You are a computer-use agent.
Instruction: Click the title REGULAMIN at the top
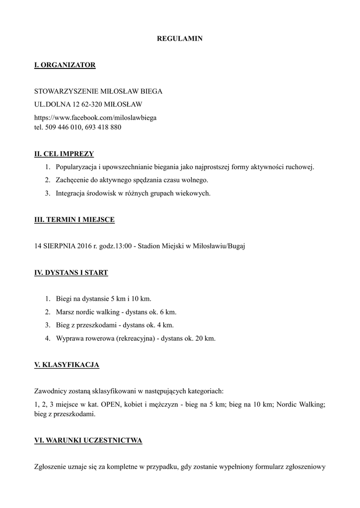pos(180,38)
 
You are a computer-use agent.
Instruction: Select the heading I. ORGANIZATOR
pos(65,65)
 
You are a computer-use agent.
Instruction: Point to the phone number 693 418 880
pos(103,127)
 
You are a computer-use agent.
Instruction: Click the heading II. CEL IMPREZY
pos(64,154)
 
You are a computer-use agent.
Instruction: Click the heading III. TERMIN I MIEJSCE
pos(74,220)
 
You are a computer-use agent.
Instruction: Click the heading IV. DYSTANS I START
pos(71,272)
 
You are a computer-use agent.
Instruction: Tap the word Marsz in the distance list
pos(65,312)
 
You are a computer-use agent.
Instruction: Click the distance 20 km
pos(206,338)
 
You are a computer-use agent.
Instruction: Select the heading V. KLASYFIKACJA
pos(67,365)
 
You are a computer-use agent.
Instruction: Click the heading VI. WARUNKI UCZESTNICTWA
pos(88,440)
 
